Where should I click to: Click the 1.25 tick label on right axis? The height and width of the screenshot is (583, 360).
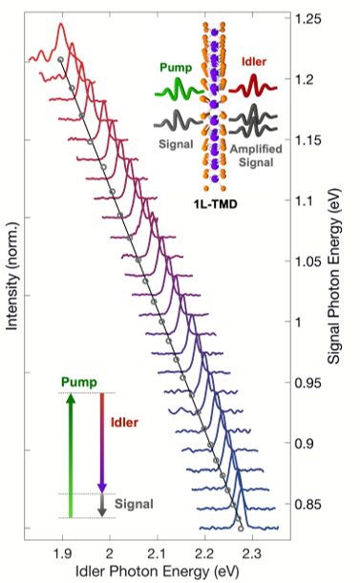(x=308, y=19)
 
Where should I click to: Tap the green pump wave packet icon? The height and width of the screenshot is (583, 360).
(x=177, y=93)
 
